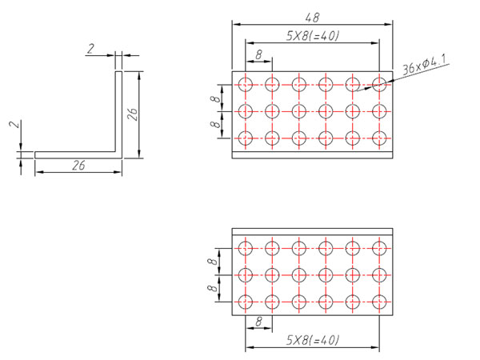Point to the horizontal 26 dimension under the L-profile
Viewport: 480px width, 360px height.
click(78, 166)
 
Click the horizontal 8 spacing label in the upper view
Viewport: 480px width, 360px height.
click(258, 54)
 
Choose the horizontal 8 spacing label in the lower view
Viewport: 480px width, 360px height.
click(258, 321)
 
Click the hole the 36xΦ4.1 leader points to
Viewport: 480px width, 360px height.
click(378, 83)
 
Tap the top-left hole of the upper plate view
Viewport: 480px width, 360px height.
click(245, 83)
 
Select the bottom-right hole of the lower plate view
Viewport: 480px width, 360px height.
click(378, 302)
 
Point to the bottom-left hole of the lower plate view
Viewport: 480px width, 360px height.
click(245, 302)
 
